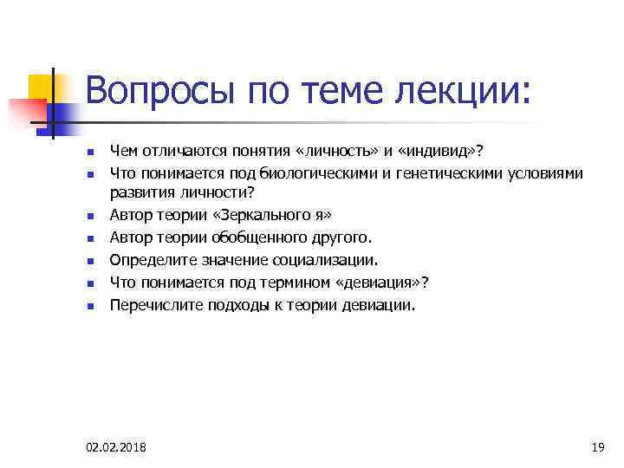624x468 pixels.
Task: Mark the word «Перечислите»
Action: [149, 304]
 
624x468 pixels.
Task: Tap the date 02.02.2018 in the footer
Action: [116, 447]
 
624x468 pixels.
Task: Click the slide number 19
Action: [596, 447]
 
